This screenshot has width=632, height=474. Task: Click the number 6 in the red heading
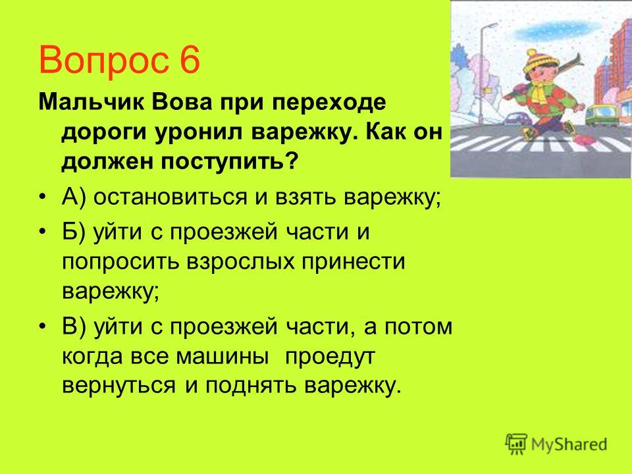187,61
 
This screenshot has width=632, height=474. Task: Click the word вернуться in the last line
119,386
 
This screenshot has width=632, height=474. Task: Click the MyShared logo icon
516,444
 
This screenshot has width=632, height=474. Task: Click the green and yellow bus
601,115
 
